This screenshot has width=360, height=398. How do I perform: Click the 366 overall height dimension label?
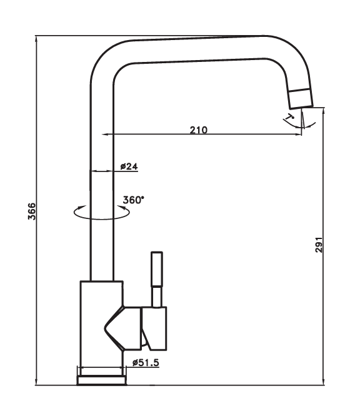[32, 212]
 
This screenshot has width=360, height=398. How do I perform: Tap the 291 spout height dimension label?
[319, 245]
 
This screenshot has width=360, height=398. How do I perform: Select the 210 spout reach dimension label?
[199, 130]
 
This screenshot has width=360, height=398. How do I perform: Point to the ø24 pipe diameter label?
[129, 166]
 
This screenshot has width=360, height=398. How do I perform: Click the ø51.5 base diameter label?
[146, 363]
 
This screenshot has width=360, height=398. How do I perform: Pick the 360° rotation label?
[133, 200]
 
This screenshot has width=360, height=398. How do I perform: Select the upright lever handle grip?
[157, 269]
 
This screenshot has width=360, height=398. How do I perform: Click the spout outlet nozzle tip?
[301, 99]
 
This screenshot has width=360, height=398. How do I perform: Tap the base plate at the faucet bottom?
[101, 380]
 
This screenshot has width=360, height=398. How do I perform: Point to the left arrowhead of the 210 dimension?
[104, 135]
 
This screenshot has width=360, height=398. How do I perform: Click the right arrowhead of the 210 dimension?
[299, 135]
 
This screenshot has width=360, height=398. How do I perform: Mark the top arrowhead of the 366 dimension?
[36, 39]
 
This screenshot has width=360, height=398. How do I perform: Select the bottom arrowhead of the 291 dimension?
[324, 382]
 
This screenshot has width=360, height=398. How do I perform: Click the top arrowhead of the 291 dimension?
[324, 111]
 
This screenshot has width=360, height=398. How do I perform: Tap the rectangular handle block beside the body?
[154, 329]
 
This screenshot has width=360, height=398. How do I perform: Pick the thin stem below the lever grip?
[157, 297]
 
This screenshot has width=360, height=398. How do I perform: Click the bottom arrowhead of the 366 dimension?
[36, 382]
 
